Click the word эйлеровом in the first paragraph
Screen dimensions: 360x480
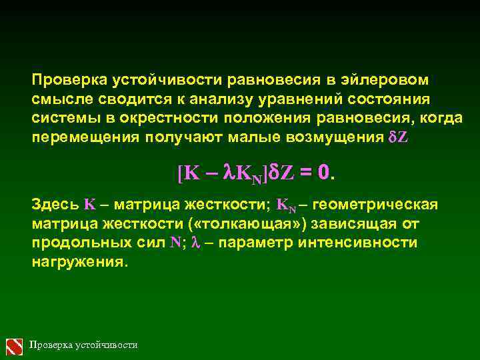[386, 81]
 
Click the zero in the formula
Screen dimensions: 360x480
[323, 173]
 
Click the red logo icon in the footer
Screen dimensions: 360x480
[15, 345]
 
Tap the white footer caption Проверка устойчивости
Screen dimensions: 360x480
[84, 345]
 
